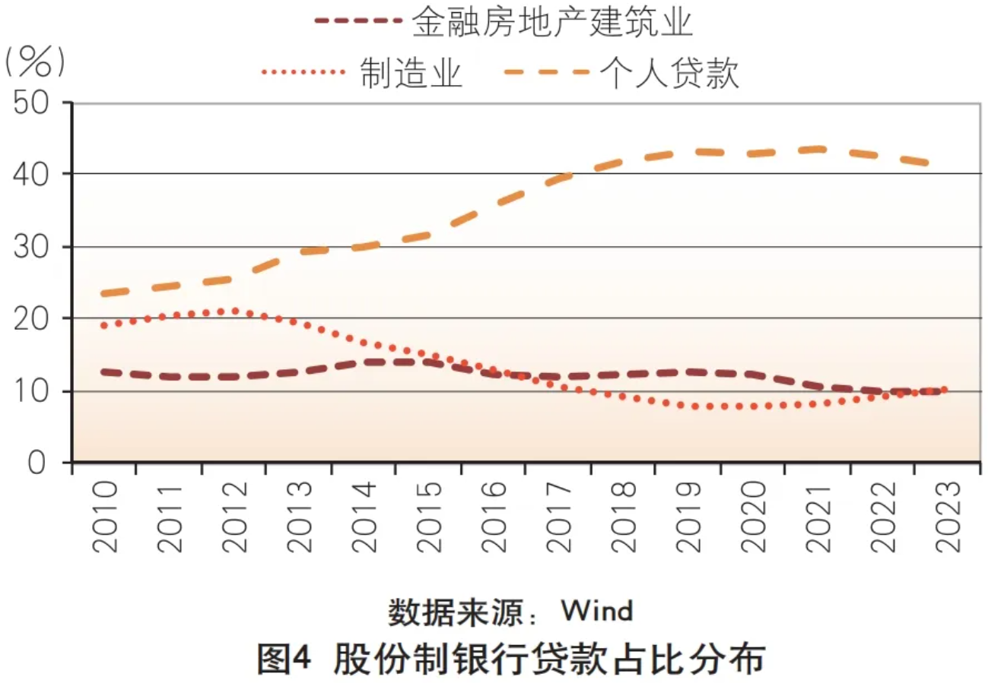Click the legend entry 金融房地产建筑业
(552, 24)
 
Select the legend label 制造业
(411, 74)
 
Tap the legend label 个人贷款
(669, 74)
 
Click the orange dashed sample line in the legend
(547, 72)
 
